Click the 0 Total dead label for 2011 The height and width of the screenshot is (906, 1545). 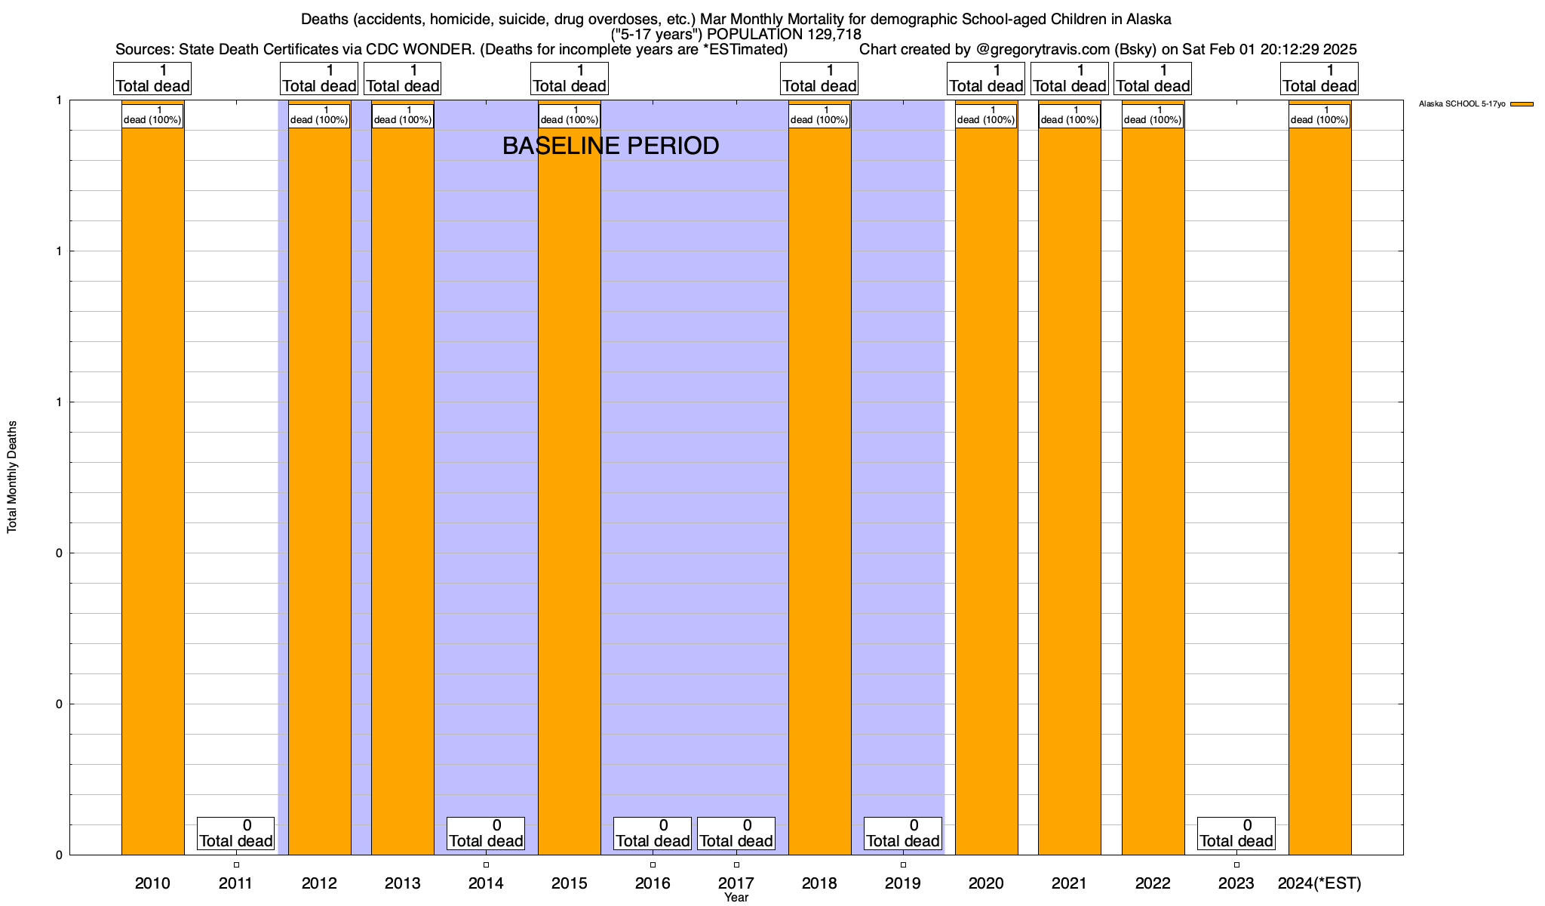click(x=236, y=834)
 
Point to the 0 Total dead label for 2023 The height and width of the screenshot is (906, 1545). click(x=1236, y=834)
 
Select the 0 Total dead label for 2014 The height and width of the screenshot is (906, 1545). click(x=486, y=834)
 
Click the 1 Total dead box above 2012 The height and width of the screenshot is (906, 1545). click(x=319, y=79)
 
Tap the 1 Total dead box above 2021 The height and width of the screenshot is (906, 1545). click(x=1070, y=79)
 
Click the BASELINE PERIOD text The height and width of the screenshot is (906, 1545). click(x=610, y=146)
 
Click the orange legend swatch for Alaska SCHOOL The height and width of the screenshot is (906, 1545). click(x=1522, y=104)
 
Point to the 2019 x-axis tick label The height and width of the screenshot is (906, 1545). click(x=903, y=883)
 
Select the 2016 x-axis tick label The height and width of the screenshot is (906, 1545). click(x=653, y=883)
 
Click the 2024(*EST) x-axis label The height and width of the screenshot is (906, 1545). click(x=1319, y=883)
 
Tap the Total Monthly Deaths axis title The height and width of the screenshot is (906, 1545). click(x=12, y=477)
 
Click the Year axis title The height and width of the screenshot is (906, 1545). click(x=736, y=898)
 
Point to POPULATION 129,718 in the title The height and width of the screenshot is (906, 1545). click(x=785, y=34)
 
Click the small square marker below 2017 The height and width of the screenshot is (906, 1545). click(x=736, y=864)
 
